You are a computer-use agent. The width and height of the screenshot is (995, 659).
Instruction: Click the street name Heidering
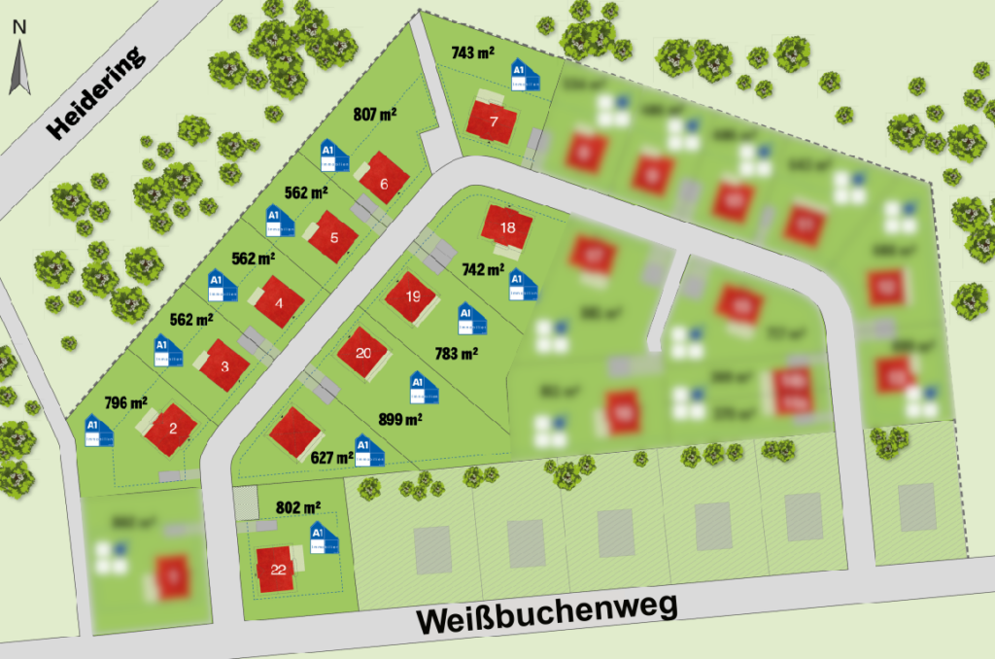coord(96,92)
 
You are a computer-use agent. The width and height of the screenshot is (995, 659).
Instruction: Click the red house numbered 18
coord(507,229)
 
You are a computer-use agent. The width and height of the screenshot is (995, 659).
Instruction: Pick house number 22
coord(278,570)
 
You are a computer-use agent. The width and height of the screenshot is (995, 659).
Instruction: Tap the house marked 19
coord(413,297)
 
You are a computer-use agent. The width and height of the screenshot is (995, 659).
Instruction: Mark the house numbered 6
coord(384,183)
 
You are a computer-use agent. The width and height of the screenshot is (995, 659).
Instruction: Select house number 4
coord(280,302)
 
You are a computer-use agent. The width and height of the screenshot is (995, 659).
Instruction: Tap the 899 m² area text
coord(399,420)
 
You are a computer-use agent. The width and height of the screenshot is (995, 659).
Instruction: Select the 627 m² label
coord(332,457)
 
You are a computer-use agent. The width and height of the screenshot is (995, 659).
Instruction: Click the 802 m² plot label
coord(298,507)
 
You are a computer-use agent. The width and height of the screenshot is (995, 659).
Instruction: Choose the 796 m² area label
coord(125,401)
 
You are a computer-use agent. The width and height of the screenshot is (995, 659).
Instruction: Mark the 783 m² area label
coord(457,355)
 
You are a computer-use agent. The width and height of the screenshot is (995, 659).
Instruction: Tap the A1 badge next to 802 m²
coord(323,538)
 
